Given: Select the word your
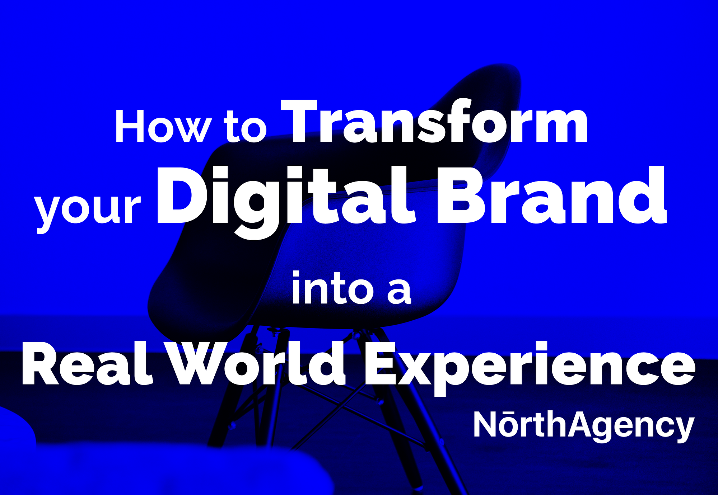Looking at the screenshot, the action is coord(88,212).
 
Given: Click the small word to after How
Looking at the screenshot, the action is coord(246,127).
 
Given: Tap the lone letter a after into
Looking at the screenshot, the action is coord(399,292).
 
